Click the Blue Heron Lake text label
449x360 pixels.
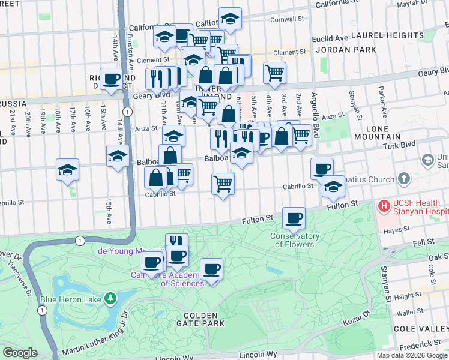pos(68,299)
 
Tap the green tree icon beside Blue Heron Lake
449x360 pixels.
pos(110,298)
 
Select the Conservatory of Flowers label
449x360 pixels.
pos(294,240)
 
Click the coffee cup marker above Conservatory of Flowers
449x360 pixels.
pos(294,218)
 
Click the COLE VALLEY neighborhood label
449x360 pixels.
pos(420,329)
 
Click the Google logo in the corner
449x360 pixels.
pos(20,353)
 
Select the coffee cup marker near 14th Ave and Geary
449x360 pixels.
pos(111,79)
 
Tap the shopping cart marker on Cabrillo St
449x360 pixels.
pos(223,183)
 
